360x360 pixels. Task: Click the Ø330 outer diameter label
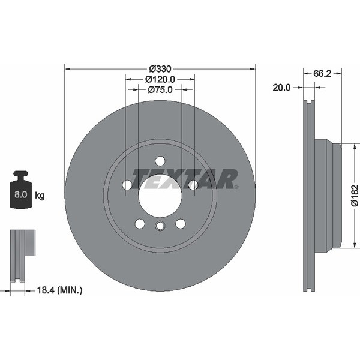pyautogui.click(x=160, y=68)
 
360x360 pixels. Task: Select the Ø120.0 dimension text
pyautogui.click(x=160, y=79)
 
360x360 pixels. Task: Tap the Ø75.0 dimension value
pyautogui.click(x=160, y=89)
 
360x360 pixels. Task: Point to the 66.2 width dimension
pyautogui.click(x=322, y=73)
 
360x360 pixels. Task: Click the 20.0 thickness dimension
pyautogui.click(x=281, y=88)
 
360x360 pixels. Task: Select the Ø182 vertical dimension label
pyautogui.click(x=354, y=195)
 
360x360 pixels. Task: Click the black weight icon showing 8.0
pyautogui.click(x=21, y=191)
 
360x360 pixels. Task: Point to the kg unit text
pyautogui.click(x=40, y=195)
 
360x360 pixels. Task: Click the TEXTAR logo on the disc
pyautogui.click(x=185, y=179)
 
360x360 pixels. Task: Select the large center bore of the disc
pyautogui.click(x=160, y=196)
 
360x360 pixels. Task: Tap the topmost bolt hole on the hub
pyautogui.click(x=160, y=161)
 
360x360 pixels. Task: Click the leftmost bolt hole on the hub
pyautogui.click(x=127, y=185)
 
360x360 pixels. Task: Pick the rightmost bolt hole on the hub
pyautogui.click(x=193, y=185)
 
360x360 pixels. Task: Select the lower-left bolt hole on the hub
pyautogui.click(x=140, y=223)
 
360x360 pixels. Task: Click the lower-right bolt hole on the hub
pyautogui.click(x=180, y=223)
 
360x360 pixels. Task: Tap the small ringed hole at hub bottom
pyautogui.click(x=160, y=226)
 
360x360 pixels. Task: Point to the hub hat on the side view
pyautogui.click(x=327, y=195)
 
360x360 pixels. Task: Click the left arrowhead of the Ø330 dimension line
pyautogui.click(x=67, y=68)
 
